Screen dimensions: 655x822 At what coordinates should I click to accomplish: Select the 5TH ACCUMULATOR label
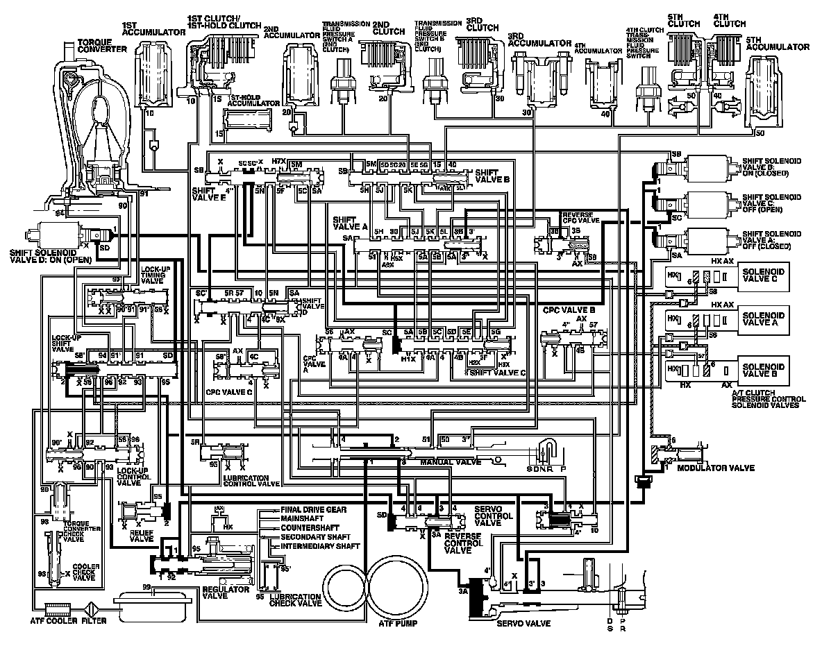pos(778,47)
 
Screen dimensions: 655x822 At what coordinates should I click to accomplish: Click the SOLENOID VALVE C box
pos(761,275)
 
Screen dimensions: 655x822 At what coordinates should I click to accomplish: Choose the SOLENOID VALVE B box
pos(761,370)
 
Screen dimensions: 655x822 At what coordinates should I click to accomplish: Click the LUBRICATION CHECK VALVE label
pos(295,601)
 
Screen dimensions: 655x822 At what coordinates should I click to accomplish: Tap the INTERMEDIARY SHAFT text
pos(320,546)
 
